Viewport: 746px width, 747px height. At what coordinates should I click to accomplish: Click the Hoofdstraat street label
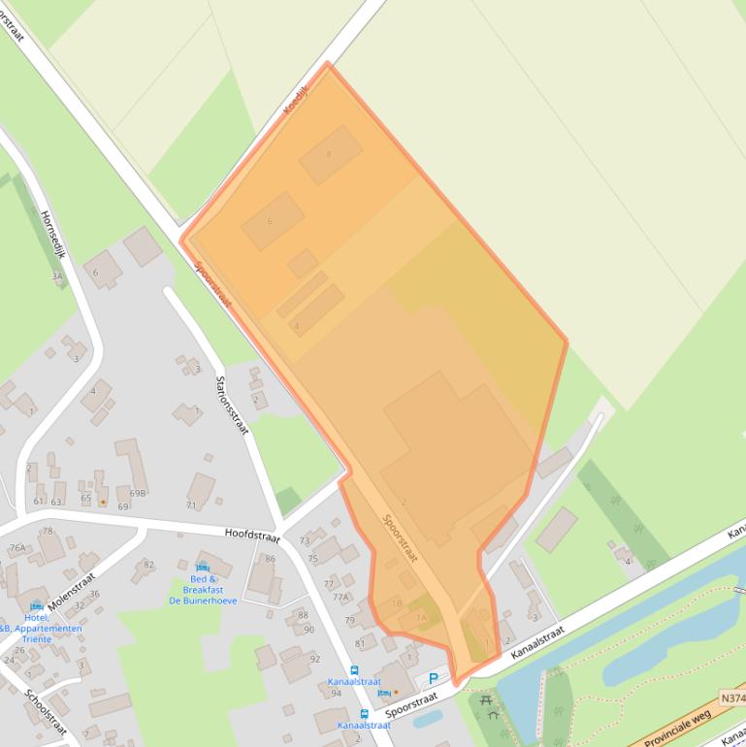pyautogui.click(x=251, y=535)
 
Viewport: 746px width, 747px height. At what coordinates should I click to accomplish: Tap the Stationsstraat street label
pyautogui.click(x=233, y=405)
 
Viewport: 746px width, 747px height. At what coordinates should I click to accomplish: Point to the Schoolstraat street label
pyautogui.click(x=46, y=713)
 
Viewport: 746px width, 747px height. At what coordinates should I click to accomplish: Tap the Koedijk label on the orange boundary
pyautogui.click(x=294, y=100)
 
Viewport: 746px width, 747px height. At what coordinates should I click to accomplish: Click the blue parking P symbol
pyautogui.click(x=434, y=679)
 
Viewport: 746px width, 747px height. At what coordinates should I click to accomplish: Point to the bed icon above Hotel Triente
pyautogui.click(x=37, y=606)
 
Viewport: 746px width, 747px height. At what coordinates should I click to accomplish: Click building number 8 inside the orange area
pyautogui.click(x=329, y=154)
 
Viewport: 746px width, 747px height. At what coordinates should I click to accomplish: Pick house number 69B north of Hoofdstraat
pyautogui.click(x=139, y=493)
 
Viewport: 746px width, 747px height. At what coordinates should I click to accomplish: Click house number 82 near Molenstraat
pyautogui.click(x=148, y=564)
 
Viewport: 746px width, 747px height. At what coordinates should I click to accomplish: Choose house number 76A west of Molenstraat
pyautogui.click(x=17, y=548)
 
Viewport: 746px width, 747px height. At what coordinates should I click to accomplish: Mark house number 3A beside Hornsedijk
pyautogui.click(x=56, y=276)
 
